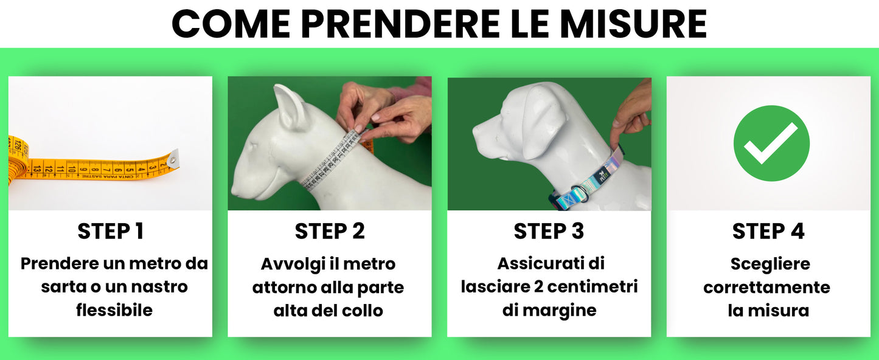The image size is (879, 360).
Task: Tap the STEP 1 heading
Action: (x=110, y=231)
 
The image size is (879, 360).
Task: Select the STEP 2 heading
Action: (x=330, y=231)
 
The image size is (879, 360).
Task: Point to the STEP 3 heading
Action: (x=549, y=231)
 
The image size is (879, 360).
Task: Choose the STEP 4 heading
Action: (x=768, y=231)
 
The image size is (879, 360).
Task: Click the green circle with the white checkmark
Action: (x=771, y=144)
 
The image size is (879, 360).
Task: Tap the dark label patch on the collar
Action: (x=603, y=175)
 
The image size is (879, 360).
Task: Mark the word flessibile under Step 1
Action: (x=114, y=310)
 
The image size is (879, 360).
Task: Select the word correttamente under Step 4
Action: (x=767, y=287)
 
